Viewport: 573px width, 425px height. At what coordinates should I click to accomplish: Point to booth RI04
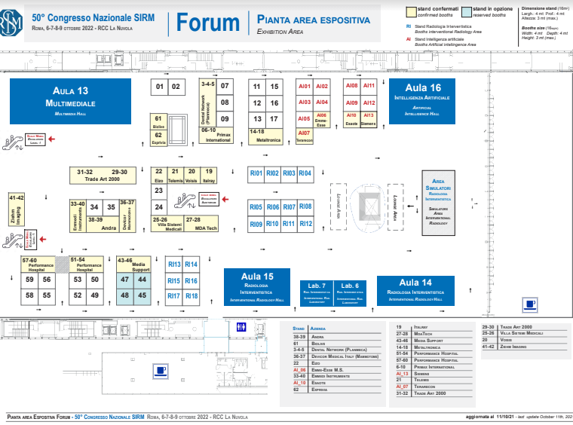[305, 173]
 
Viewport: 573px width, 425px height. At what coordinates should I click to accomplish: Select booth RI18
[191, 296]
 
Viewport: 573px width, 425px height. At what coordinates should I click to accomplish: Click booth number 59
[29, 280]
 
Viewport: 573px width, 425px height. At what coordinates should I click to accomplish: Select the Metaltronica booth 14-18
[266, 136]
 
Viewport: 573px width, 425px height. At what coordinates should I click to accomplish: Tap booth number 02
[176, 87]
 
